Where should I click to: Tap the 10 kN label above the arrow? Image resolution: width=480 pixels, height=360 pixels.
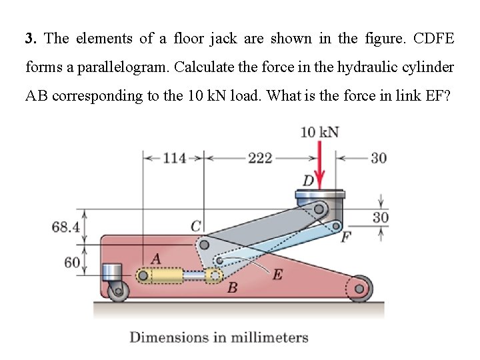tap(319, 132)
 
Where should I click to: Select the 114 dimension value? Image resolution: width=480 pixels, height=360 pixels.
tap(174, 158)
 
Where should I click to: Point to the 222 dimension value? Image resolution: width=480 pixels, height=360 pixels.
tap(259, 158)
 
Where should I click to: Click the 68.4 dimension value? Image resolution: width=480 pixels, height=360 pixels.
tap(65, 227)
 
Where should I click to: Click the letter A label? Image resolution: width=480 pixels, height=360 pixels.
tap(156, 258)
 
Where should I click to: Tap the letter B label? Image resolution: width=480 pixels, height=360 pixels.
tap(232, 288)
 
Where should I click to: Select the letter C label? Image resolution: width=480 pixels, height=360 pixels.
tap(197, 227)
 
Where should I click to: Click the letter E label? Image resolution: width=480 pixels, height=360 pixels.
tap(277, 273)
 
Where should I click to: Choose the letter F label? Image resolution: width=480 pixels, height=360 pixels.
tap(345, 237)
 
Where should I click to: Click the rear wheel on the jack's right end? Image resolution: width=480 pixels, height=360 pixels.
tap(359, 289)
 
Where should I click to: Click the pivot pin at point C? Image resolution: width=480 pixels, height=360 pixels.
tap(205, 245)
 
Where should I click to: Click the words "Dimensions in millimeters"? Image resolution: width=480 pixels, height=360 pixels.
tap(219, 337)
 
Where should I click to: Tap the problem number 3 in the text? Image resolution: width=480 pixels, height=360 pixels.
tap(29, 38)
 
